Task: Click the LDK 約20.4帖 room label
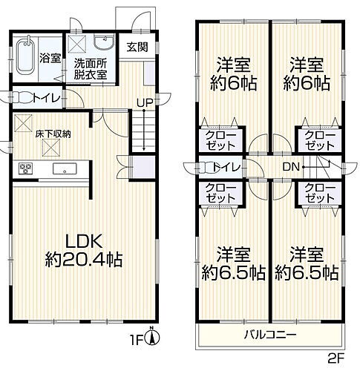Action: tap(82, 252)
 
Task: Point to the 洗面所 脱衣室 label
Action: tap(89, 69)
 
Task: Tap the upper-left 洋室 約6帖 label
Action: tap(232, 73)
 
